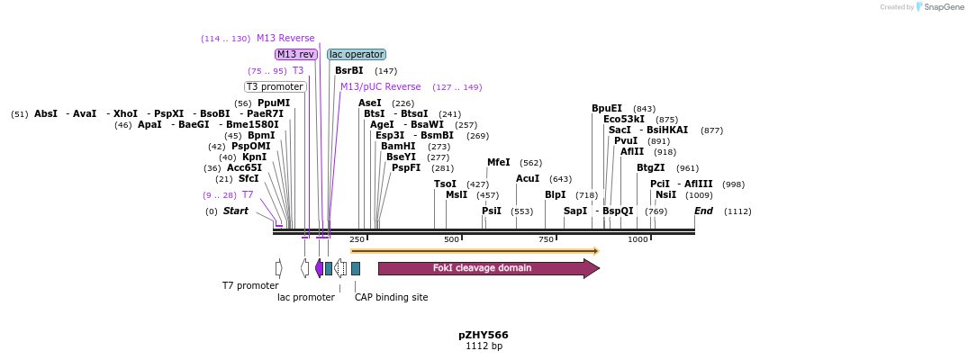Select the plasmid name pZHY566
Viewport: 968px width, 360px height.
click(x=484, y=335)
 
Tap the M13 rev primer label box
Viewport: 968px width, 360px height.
click(x=295, y=54)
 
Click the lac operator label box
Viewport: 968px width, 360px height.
click(x=357, y=54)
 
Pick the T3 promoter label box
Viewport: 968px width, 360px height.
click(x=275, y=86)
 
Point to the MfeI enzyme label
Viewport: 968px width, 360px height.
click(x=498, y=163)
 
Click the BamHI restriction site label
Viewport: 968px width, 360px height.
click(x=397, y=146)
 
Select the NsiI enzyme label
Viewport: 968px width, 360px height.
click(x=665, y=194)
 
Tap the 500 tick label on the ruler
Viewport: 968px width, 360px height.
click(x=451, y=239)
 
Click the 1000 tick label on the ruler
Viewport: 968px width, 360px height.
click(x=638, y=239)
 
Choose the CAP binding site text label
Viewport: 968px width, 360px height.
click(x=391, y=297)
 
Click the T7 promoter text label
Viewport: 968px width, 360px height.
click(x=250, y=285)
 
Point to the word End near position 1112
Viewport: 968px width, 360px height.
click(x=703, y=211)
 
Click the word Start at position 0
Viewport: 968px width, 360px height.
click(x=235, y=211)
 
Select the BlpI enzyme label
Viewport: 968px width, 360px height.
click(x=555, y=194)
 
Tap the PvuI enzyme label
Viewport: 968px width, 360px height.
click(x=625, y=140)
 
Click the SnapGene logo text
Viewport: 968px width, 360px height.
click(x=942, y=7)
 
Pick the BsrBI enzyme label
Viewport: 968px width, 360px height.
click(x=348, y=70)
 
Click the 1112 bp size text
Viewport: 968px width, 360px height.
click(x=484, y=346)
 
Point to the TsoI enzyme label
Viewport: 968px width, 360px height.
click(x=445, y=184)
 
